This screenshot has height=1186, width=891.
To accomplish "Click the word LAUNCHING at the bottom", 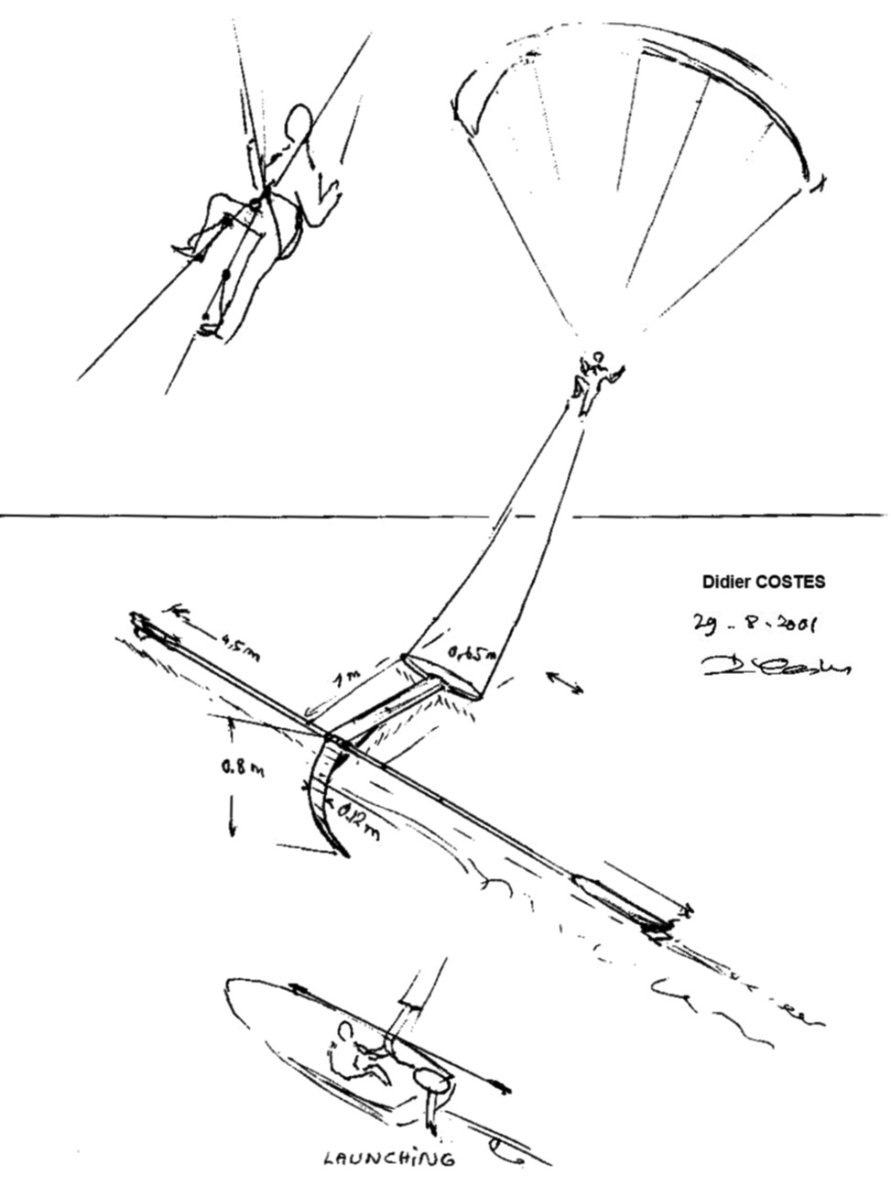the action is coord(389,1159).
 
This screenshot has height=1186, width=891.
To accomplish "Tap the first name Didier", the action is coord(723,582).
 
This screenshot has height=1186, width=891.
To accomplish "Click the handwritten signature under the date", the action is coord(774,666).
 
